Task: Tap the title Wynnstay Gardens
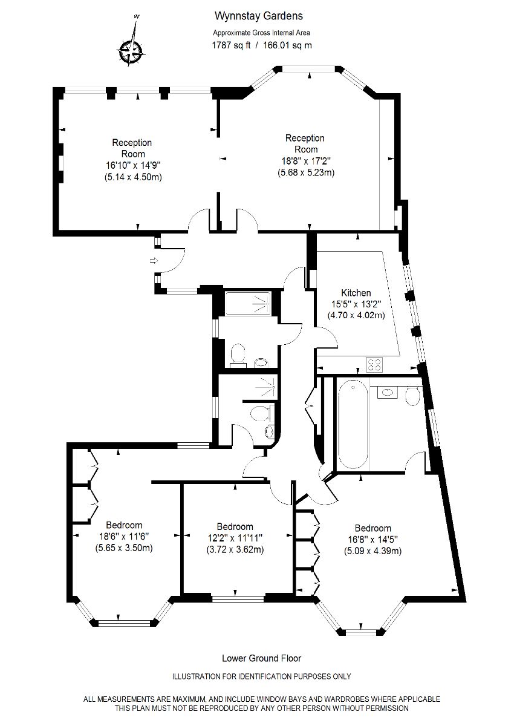259,16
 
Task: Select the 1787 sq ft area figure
231,45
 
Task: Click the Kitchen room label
356,293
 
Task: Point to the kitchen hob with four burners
374,365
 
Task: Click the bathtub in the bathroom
353,425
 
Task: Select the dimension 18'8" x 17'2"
306,161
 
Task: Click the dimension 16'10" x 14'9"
133,166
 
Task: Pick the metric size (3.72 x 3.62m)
235,550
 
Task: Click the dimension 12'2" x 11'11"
235,538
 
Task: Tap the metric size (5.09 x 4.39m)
373,551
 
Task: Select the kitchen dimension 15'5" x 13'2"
356,304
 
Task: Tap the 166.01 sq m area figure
288,45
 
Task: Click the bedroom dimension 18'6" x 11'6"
124,537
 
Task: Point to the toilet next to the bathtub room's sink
412,396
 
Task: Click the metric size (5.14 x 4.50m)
133,177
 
